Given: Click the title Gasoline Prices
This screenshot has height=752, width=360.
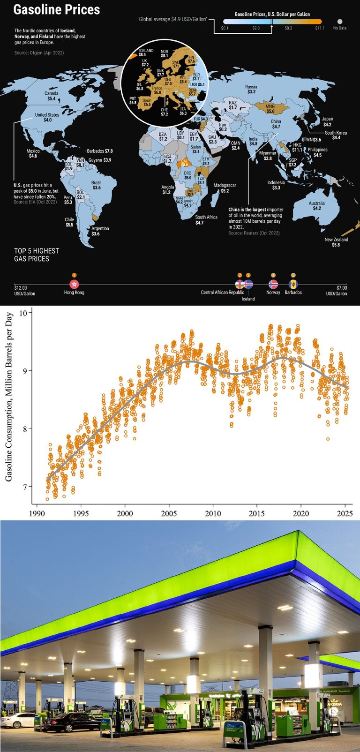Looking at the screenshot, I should (x=57, y=10).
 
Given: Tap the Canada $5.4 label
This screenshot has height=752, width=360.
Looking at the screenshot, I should (x=52, y=96).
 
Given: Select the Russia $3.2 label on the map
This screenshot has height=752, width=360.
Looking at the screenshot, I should (x=251, y=89).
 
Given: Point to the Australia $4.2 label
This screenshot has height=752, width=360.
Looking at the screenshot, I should (x=317, y=206).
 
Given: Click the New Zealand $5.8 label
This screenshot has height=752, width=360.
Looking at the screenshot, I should (x=337, y=242).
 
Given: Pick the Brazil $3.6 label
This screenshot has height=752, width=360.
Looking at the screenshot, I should (x=97, y=185).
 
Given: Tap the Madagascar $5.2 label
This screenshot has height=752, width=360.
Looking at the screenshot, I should (x=225, y=188).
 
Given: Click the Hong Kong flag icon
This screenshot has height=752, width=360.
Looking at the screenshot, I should (x=74, y=284).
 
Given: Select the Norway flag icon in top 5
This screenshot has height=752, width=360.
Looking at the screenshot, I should (x=273, y=284).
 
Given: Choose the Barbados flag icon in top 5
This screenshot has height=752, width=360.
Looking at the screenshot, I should (x=293, y=284).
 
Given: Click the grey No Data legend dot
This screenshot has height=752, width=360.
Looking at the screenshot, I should (x=340, y=22).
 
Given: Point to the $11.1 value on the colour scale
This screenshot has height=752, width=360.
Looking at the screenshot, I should (x=320, y=28).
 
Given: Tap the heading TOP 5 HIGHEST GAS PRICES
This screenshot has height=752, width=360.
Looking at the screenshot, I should (x=37, y=255).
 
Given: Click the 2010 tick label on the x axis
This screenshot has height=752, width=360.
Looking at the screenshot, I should (x=213, y=513).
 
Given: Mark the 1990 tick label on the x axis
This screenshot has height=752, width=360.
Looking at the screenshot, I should (x=37, y=513).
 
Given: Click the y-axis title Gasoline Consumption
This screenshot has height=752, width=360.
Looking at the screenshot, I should (x=9, y=397).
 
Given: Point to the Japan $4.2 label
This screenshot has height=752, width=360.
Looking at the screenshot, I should (x=327, y=122).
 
